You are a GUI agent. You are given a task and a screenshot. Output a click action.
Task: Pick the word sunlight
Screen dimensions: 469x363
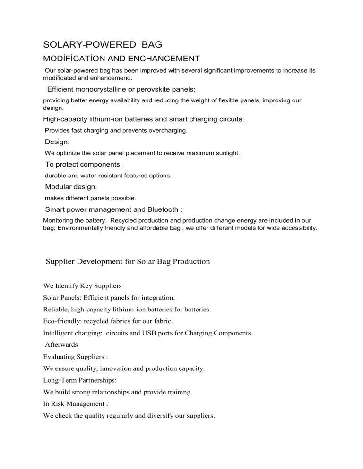coord(227,153)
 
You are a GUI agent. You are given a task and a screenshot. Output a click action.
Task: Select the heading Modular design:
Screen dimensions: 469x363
coord(71,187)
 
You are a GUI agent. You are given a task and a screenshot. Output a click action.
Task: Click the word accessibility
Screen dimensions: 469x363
coord(298,228)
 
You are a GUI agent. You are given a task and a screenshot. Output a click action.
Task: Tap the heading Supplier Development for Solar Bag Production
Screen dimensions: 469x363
coord(128,261)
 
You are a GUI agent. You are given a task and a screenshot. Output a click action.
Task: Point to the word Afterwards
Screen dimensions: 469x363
coord(62,345)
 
